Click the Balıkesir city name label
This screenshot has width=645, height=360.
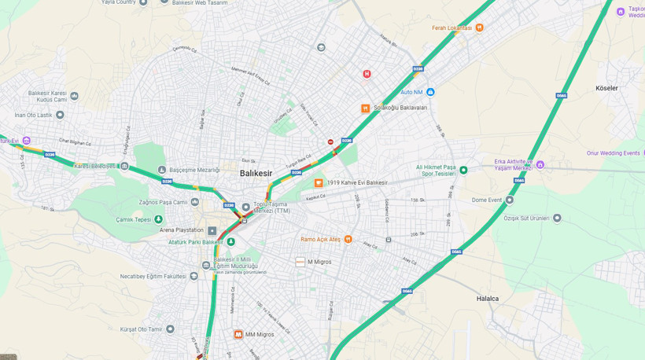point(256,172)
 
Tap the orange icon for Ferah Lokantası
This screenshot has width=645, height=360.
point(479,28)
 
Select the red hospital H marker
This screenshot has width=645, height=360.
point(367,74)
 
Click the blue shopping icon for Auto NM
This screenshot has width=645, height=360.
point(430,92)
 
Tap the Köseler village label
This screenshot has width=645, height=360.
point(606,88)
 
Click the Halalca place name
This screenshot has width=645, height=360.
point(488,299)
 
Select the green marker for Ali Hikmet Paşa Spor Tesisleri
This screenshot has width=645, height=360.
point(463,170)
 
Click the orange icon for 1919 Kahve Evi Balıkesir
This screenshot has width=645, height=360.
point(319,182)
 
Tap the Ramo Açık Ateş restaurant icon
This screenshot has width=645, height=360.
point(348,239)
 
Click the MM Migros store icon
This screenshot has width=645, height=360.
point(238,334)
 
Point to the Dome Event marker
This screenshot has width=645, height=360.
point(509,200)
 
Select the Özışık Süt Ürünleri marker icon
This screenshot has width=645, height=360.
point(557,218)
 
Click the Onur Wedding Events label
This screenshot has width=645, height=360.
point(613,153)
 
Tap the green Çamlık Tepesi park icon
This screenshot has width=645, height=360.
point(158,219)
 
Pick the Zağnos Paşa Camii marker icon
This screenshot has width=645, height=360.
point(194,202)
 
